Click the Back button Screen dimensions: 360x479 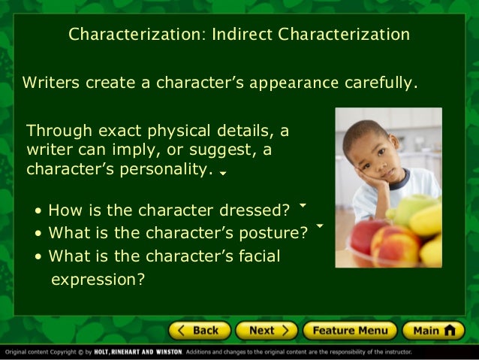pos(199,330)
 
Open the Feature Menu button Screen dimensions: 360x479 pos(349,330)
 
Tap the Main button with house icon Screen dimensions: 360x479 pos(433,330)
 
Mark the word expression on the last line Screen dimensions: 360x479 pos(96,280)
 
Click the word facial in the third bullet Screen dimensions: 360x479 pos(258,256)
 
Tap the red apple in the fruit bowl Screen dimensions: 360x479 pos(364,234)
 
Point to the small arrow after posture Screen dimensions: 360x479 pos(320,225)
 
